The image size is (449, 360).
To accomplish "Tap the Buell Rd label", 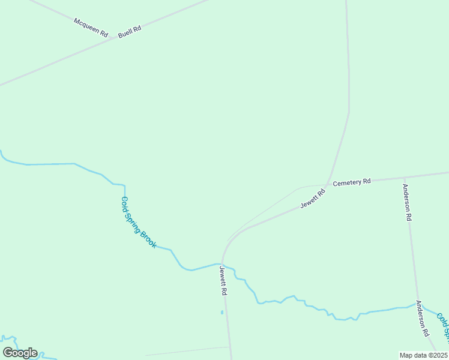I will pos(129,31).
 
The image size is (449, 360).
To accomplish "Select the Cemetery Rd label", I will pos(352,181).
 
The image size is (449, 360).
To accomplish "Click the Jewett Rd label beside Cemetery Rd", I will pos(313,198).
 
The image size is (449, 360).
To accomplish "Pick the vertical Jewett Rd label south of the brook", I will pos(223,280).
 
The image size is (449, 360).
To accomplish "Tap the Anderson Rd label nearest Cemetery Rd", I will pos(408,203).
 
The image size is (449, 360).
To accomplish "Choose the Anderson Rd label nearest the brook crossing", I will pos(422,318).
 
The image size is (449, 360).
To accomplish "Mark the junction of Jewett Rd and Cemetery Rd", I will pos(327,184).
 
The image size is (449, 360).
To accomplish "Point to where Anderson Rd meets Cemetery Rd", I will pos(405,178).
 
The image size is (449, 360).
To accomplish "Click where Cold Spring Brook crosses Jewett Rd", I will pos(221,263).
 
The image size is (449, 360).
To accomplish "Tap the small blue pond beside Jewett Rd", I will pos(221,312).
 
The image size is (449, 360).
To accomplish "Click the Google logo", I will pos(20,353).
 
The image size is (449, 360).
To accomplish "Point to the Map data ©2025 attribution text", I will pos(424,355).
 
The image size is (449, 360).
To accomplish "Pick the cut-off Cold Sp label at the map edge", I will pos(442,324).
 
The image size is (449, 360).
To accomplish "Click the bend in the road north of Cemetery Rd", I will pos(349,113).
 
